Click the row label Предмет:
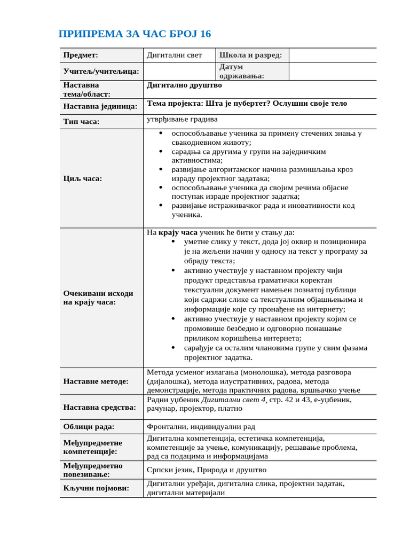click(x=81, y=55)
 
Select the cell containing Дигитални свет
click(x=175, y=55)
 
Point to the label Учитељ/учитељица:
click(x=101, y=71)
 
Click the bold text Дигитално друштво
click(x=184, y=85)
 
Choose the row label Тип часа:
click(x=81, y=122)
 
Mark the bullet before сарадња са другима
click(x=161, y=152)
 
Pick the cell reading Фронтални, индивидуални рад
click(x=201, y=426)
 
